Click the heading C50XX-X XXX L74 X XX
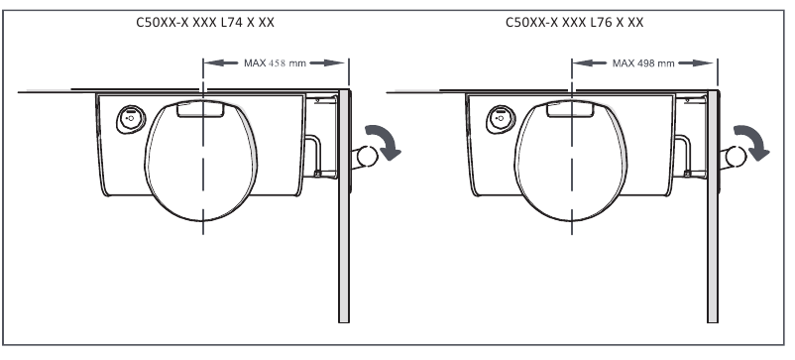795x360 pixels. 205,22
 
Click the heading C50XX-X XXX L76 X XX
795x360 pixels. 575,22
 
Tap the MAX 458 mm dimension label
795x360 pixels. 275,63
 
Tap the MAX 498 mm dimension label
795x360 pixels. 643,63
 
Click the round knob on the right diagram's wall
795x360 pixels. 736,157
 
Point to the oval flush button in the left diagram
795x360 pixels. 131,119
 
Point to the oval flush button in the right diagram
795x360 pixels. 501,119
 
